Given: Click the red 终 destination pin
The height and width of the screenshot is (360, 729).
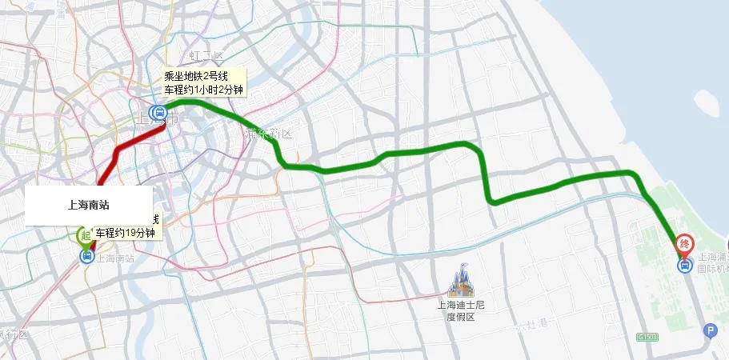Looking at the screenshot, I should click(684, 242).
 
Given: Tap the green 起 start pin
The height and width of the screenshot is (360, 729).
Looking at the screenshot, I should click(85, 235).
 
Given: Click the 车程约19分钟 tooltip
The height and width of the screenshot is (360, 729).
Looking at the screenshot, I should click(127, 233).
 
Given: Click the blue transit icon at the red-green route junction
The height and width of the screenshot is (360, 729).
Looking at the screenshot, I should click(158, 113).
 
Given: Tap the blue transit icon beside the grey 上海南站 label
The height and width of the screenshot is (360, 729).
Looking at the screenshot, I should click(86, 257).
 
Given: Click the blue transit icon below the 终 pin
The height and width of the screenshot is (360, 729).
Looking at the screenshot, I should click(685, 266).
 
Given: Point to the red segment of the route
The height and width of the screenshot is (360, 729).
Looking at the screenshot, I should click(120, 149).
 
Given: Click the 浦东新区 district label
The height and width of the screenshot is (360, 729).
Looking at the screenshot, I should click(269, 133).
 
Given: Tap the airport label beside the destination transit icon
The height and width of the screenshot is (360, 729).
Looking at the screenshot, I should click(713, 263).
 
